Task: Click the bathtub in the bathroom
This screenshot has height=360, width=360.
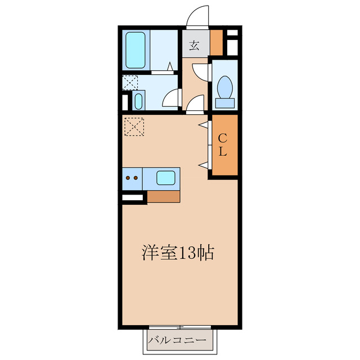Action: [x=136, y=49]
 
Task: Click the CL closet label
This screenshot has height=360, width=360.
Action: [x=223, y=144]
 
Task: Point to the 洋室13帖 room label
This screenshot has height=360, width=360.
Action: [x=177, y=253]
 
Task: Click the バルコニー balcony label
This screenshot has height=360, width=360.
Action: [x=182, y=340]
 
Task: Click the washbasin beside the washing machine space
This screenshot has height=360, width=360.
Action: [x=138, y=102]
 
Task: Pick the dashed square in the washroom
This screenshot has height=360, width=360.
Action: [x=129, y=83]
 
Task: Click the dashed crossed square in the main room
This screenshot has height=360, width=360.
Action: [x=134, y=125]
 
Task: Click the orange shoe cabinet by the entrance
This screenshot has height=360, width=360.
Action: [x=217, y=42]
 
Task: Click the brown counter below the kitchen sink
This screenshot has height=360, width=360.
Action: [x=164, y=197]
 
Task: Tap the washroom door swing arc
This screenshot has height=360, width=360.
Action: [x=170, y=100]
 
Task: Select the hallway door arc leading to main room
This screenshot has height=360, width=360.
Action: [x=195, y=103]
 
